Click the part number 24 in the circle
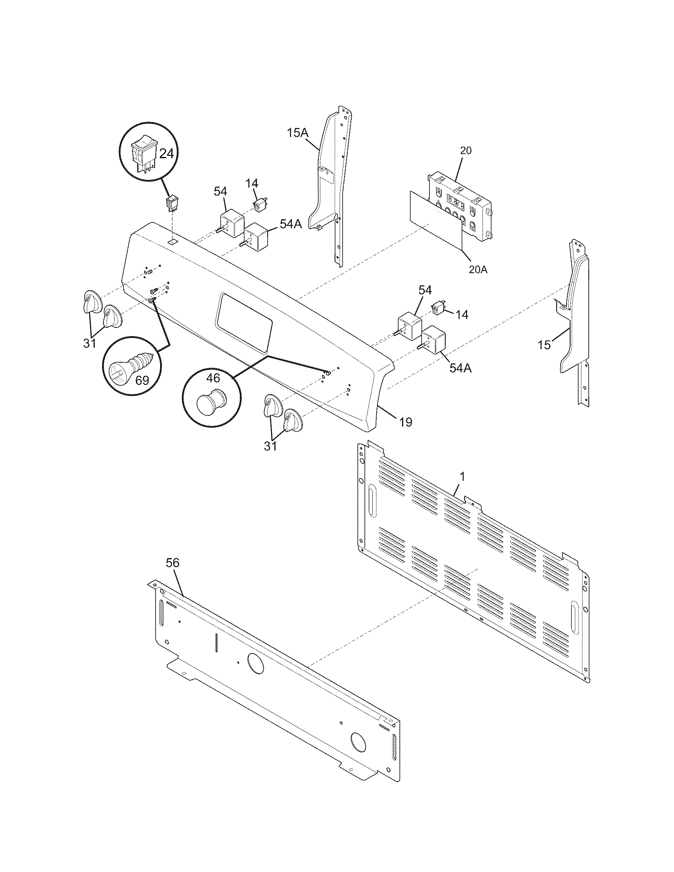(167, 153)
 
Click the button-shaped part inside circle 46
(212, 402)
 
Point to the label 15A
(298, 132)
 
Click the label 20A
(479, 270)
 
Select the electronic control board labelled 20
(460, 208)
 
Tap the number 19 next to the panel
(405, 422)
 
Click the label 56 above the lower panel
(173, 563)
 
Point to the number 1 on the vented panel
(462, 476)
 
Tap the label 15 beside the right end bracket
(544, 344)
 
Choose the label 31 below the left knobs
(90, 343)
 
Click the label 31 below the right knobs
(270, 446)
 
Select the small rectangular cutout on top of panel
(172, 242)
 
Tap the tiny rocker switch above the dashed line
(172, 204)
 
